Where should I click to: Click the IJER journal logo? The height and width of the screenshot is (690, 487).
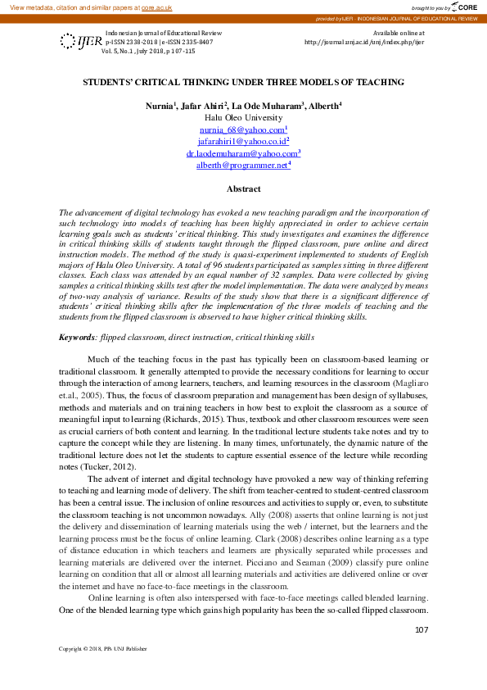click(79, 41)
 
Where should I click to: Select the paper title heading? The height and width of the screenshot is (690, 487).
click(243, 82)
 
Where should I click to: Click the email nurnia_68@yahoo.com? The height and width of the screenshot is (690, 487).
click(243, 130)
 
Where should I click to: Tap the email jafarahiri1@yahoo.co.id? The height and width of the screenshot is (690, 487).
click(243, 142)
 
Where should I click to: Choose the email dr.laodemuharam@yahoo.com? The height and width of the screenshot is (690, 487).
click(243, 153)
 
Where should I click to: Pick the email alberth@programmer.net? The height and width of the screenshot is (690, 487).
click(243, 165)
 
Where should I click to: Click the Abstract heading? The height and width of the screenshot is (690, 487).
click(243, 188)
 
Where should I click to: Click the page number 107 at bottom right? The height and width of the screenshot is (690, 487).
click(422, 629)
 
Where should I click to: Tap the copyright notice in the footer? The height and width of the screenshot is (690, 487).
click(103, 649)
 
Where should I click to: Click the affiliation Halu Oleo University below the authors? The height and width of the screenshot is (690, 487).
click(243, 118)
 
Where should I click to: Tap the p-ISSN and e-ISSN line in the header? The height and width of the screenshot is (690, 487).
click(160, 41)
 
